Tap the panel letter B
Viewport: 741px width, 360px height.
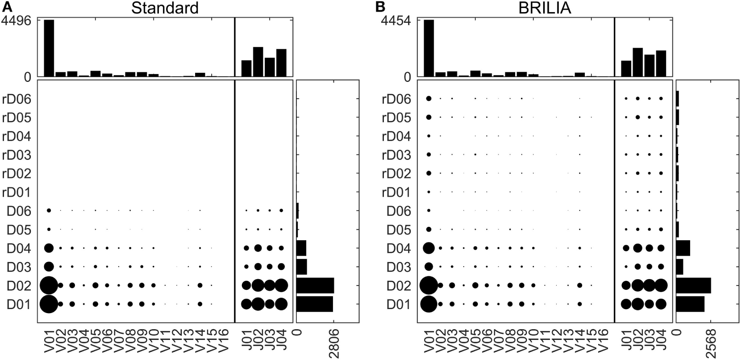point(380,7)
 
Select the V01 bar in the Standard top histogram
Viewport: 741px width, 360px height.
point(49,48)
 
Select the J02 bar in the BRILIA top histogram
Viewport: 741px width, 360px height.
point(637,62)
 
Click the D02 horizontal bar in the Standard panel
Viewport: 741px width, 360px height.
point(315,285)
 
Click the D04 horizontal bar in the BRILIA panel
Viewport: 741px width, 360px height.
point(683,248)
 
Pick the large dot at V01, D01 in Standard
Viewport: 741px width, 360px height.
point(49,304)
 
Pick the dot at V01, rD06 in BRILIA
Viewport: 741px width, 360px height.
point(429,98)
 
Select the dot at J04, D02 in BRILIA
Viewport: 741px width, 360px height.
point(661,285)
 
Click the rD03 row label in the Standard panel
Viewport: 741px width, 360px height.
point(17,155)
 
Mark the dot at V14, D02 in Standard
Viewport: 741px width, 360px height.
point(200,285)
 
